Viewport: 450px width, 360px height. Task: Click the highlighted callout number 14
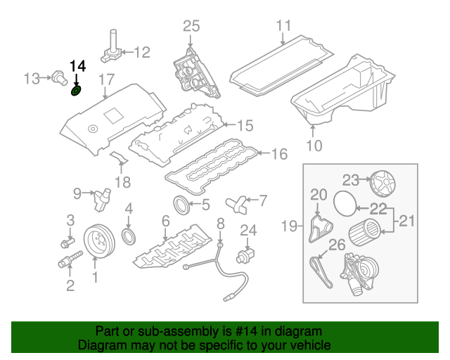[x=77, y=66]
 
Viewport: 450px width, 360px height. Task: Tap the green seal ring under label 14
[x=77, y=91]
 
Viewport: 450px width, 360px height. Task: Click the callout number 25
[x=192, y=26]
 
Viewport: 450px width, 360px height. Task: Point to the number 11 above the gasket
[x=283, y=26]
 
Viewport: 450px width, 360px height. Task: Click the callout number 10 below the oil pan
[x=314, y=146]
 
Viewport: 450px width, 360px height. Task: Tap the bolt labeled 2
[x=67, y=265]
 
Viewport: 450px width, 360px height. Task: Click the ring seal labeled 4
[x=129, y=234]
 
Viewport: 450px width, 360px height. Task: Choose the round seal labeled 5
[x=182, y=205]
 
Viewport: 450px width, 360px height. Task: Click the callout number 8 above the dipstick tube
[x=219, y=224]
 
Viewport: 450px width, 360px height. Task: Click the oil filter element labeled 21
[x=364, y=229]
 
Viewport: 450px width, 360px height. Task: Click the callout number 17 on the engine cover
[x=105, y=79]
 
